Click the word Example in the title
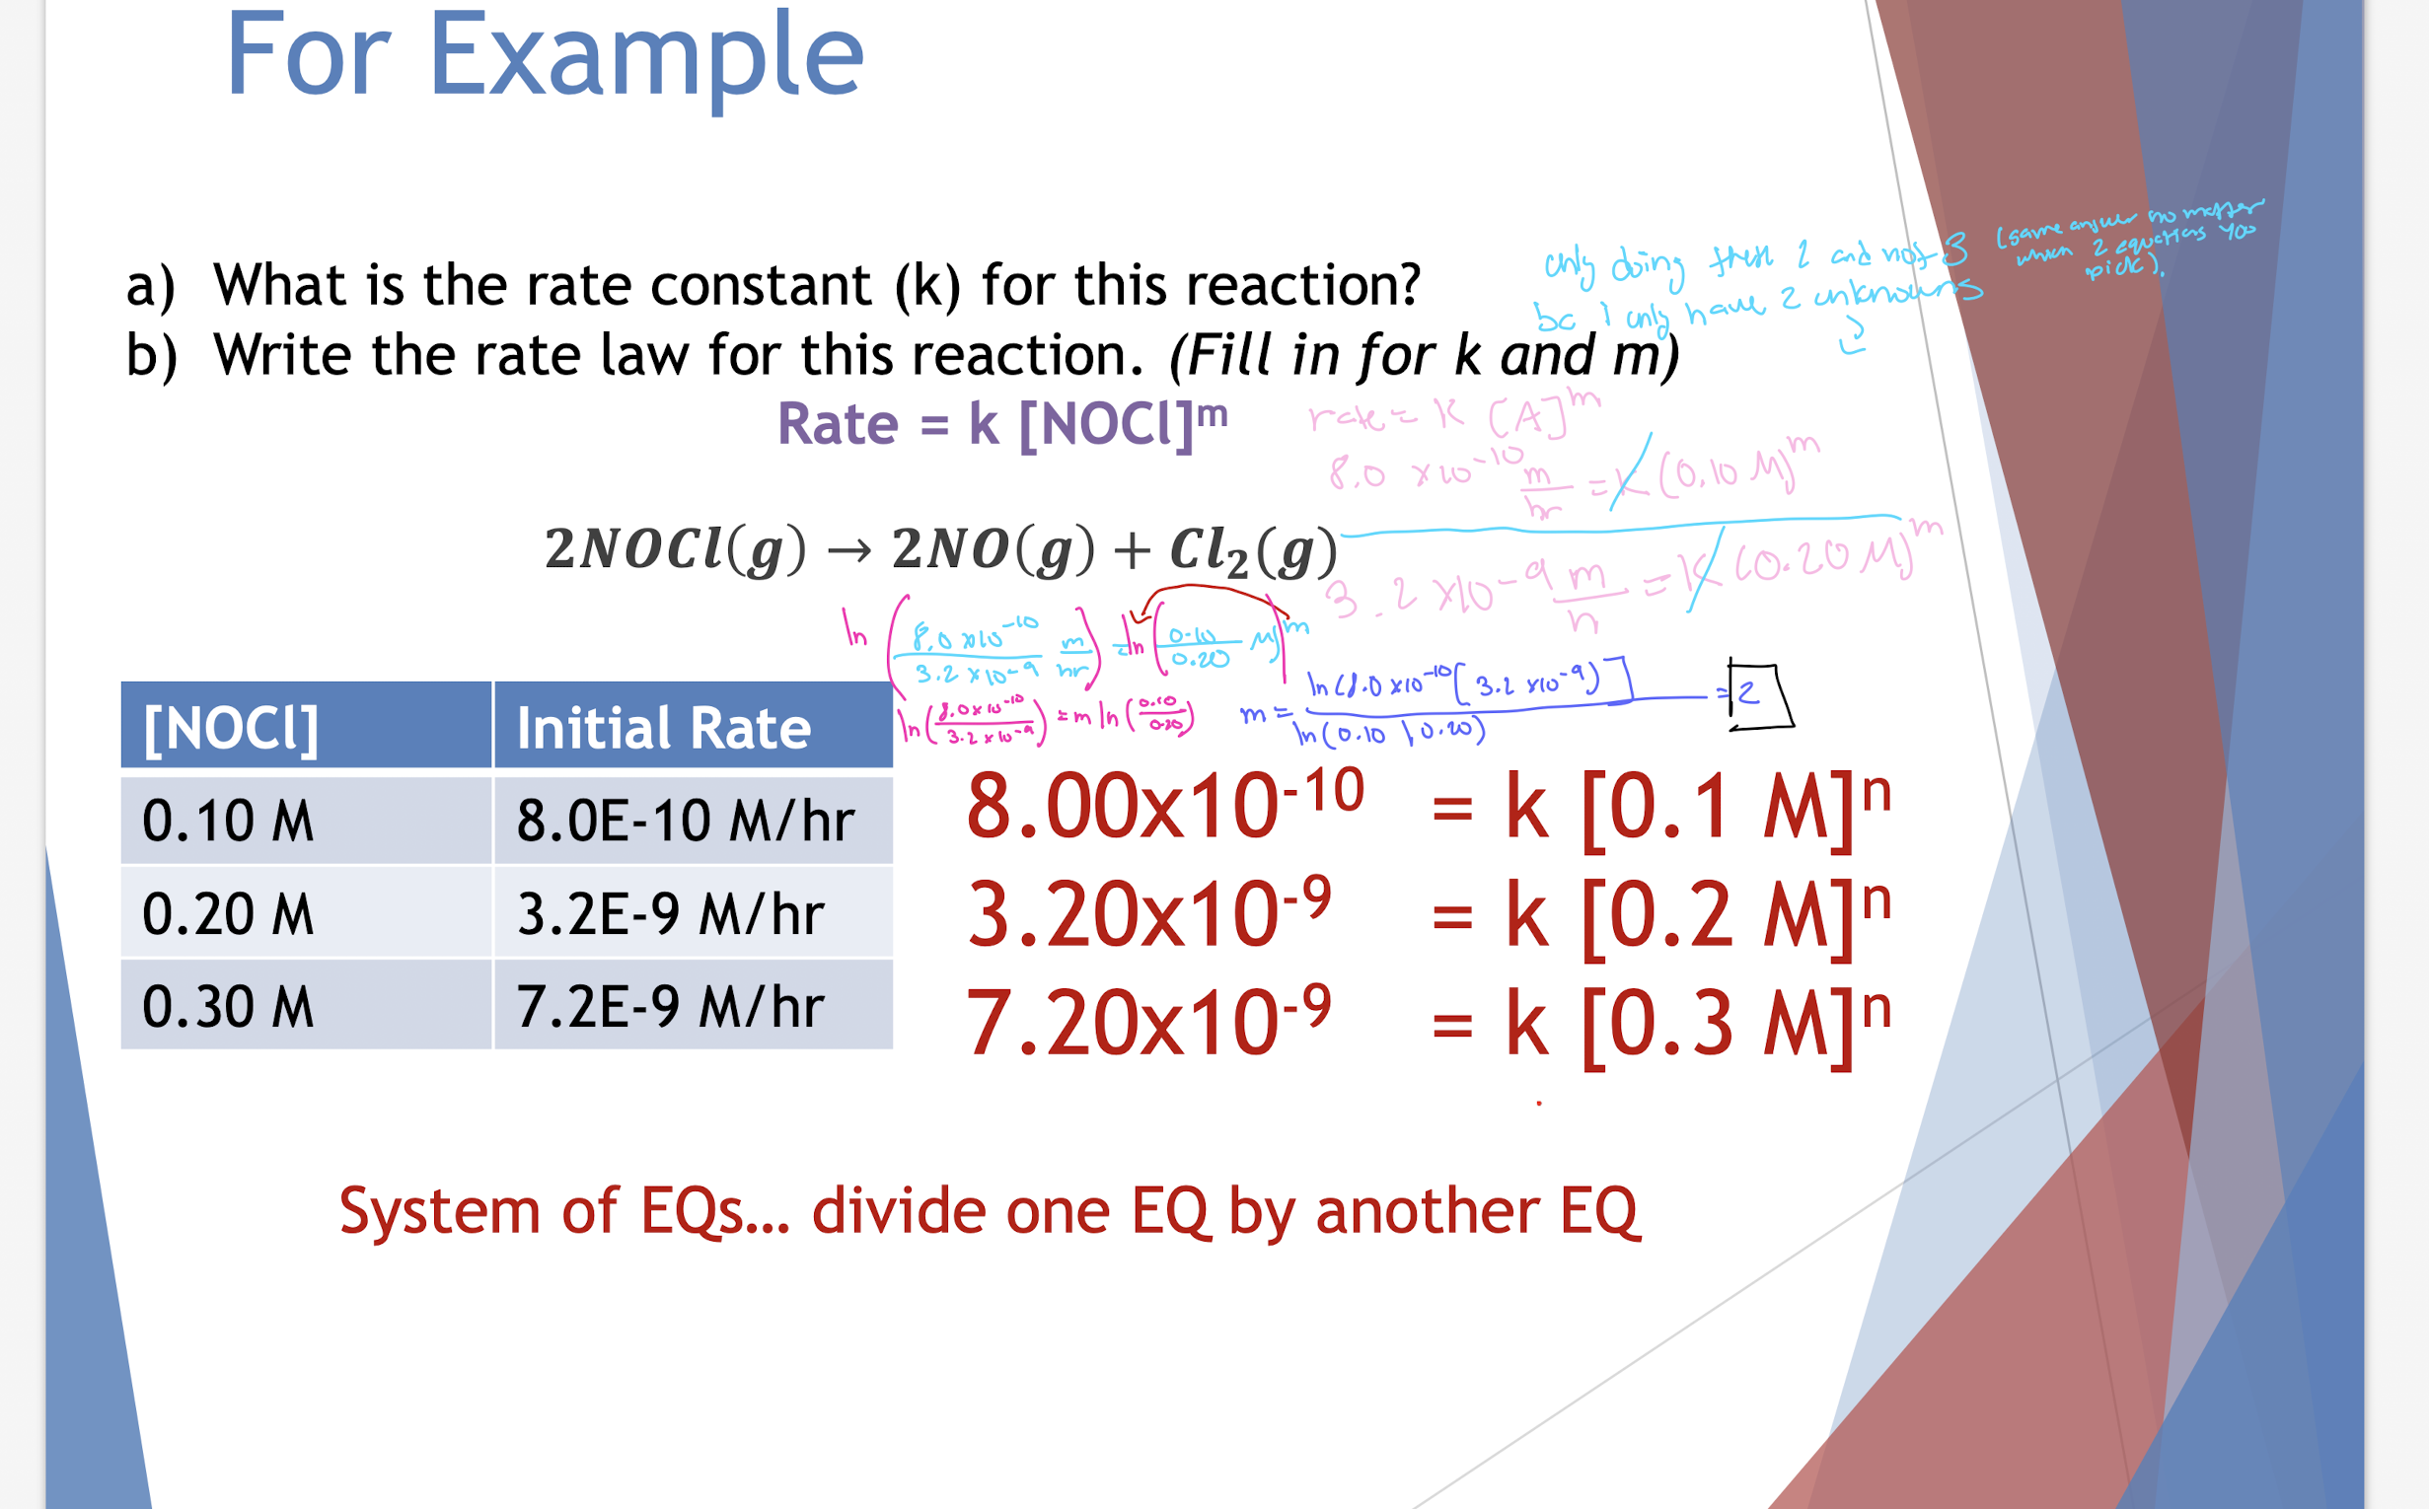(645, 58)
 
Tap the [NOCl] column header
(231, 727)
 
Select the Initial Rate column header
(663, 727)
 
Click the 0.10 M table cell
(228, 821)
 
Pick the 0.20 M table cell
(228, 913)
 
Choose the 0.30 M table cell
(228, 1006)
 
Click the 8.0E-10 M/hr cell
(685, 821)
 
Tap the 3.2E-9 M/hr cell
(670, 913)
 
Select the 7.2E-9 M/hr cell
(670, 1006)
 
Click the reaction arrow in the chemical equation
(848, 550)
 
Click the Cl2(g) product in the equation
(1252, 550)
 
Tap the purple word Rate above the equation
(837, 424)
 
